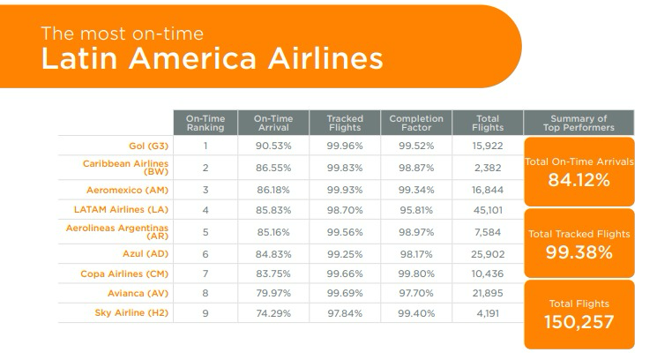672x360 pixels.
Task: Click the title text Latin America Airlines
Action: pos(213,58)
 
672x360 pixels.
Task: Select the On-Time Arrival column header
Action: pos(273,123)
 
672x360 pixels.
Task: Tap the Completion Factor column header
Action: pos(410,123)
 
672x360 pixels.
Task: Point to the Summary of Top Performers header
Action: pos(579,123)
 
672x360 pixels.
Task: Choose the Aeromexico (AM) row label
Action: pos(123,190)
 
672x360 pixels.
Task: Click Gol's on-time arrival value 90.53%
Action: pos(273,146)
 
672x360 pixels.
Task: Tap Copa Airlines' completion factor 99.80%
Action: pos(410,273)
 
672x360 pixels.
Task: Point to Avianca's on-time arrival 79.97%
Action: pos(273,292)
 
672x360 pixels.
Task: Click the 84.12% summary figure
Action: pos(579,182)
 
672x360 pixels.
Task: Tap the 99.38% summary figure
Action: pos(579,252)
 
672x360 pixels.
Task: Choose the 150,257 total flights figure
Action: pos(579,322)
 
